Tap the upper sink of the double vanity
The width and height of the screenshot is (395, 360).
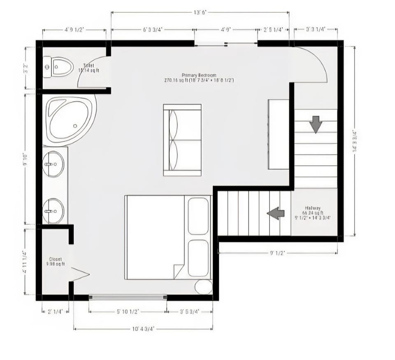(x=53, y=164)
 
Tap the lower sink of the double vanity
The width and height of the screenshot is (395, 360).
(x=53, y=211)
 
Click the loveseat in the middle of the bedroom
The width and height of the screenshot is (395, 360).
(x=182, y=140)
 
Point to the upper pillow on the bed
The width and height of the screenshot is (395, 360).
(x=198, y=216)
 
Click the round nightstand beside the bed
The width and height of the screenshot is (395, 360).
(x=203, y=287)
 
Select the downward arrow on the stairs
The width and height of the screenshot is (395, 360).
(x=316, y=124)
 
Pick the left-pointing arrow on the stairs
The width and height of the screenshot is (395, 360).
(x=276, y=213)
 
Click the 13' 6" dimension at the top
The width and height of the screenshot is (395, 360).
(x=200, y=12)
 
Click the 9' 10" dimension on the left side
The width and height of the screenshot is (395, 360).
(x=26, y=159)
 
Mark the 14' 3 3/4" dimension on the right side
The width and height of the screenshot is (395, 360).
(x=354, y=141)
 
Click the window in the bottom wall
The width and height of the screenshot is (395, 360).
(x=128, y=296)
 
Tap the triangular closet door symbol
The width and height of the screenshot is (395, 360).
(x=80, y=274)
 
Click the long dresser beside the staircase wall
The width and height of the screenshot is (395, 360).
(x=279, y=134)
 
